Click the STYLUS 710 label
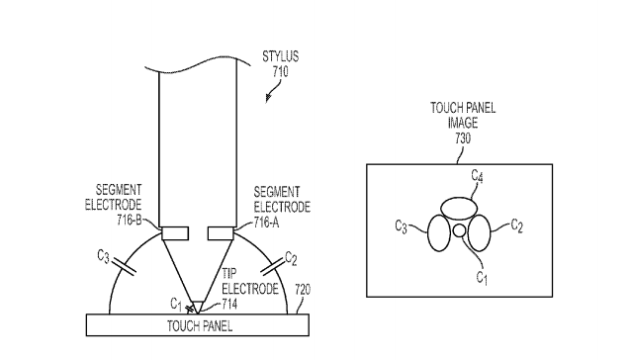pos(280,63)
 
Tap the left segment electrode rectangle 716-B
pos(175,233)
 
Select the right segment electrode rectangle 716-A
pos(221,233)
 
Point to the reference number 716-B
pos(129,221)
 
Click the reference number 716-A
pos(266,223)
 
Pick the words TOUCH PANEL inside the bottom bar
pos(200,325)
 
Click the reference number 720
pos(303,290)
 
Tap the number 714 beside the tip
pos(229,304)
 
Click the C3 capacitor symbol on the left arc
pos(125,267)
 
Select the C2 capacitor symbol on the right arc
pos(273,267)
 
